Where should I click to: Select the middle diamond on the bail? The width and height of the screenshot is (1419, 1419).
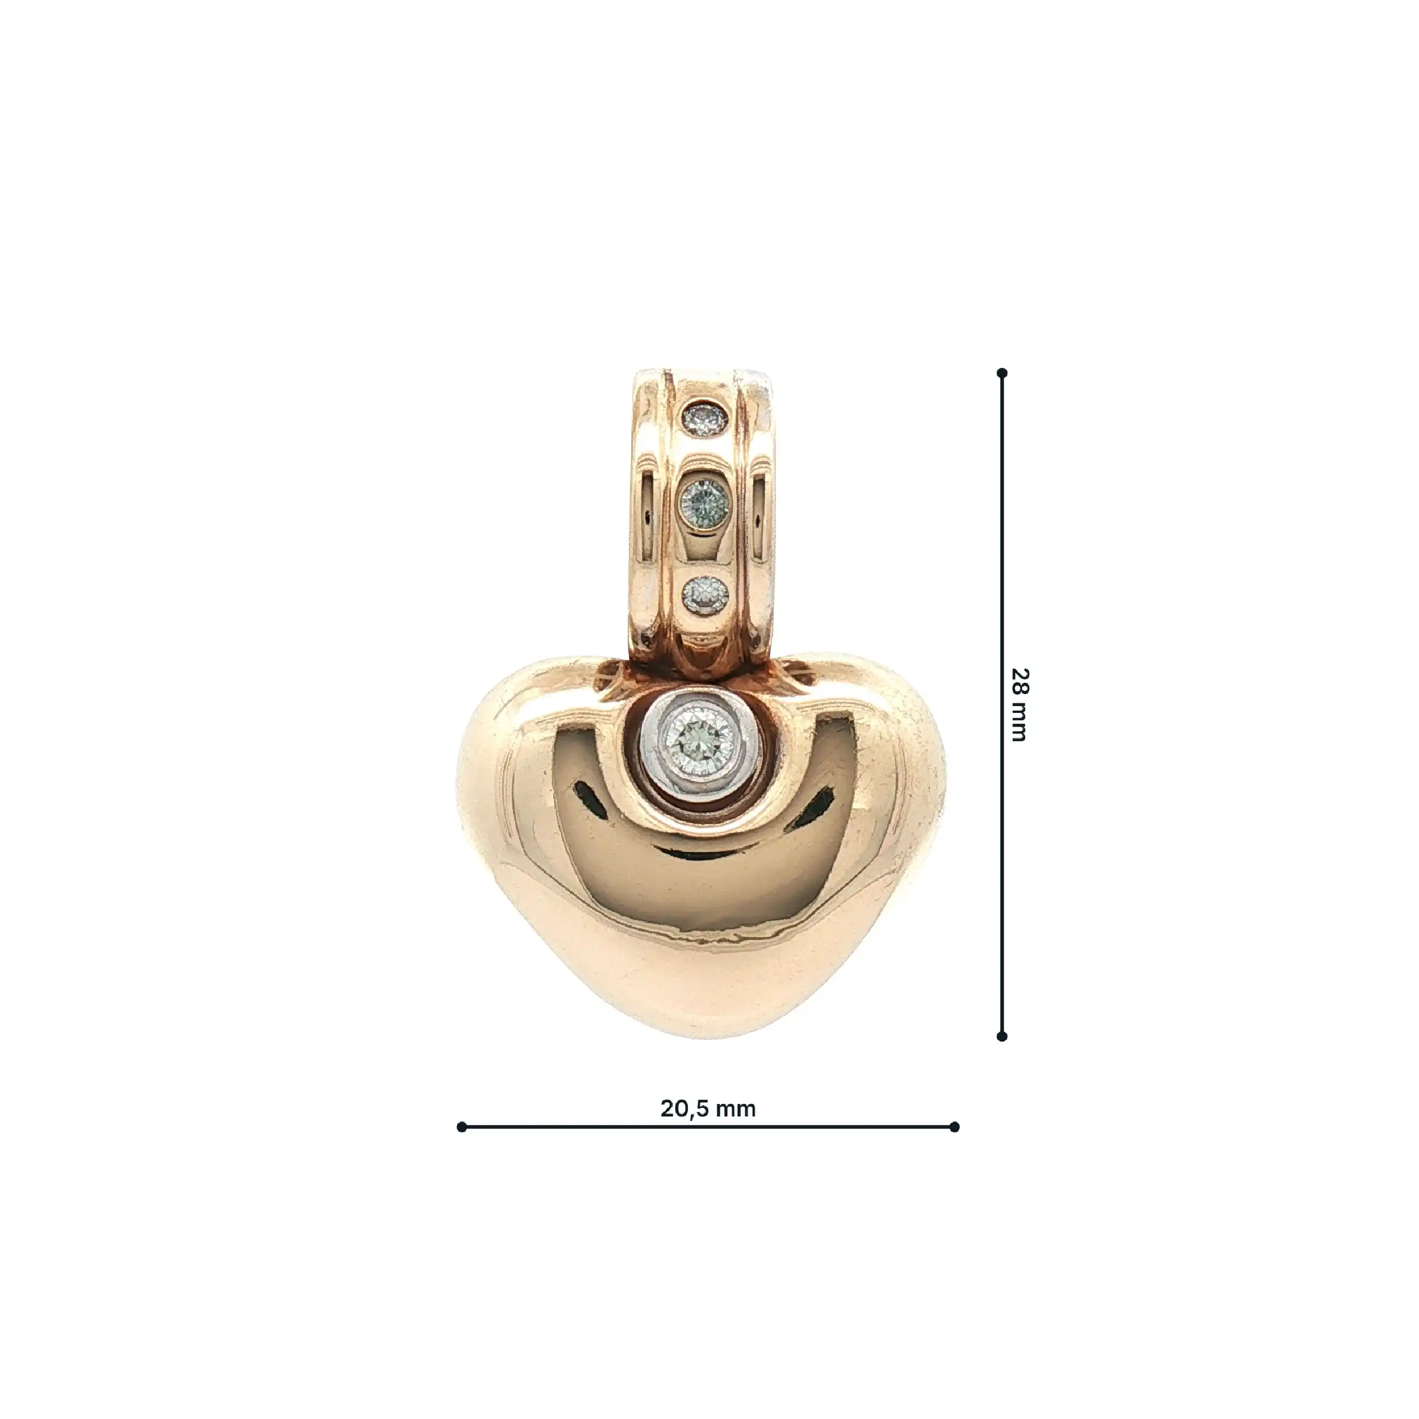coord(704,501)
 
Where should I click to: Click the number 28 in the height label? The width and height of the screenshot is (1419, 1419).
coord(1019,683)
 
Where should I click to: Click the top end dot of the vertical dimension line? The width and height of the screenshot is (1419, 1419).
coord(1002,373)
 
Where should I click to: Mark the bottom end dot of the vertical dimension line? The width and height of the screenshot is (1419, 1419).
coord(1002,1036)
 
